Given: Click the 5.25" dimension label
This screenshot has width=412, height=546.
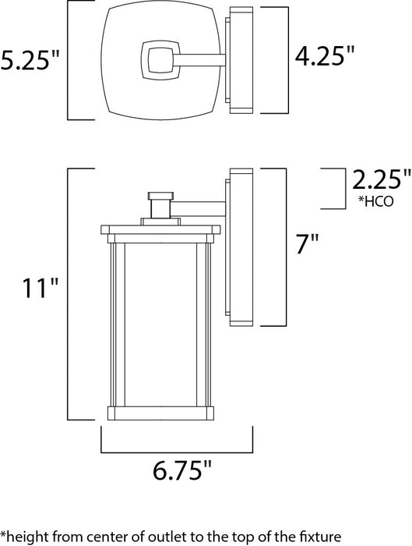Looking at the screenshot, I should click(30, 62).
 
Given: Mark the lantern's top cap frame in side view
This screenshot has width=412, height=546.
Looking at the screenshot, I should click(161, 231).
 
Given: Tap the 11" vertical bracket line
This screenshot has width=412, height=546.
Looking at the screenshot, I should click(69, 296).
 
